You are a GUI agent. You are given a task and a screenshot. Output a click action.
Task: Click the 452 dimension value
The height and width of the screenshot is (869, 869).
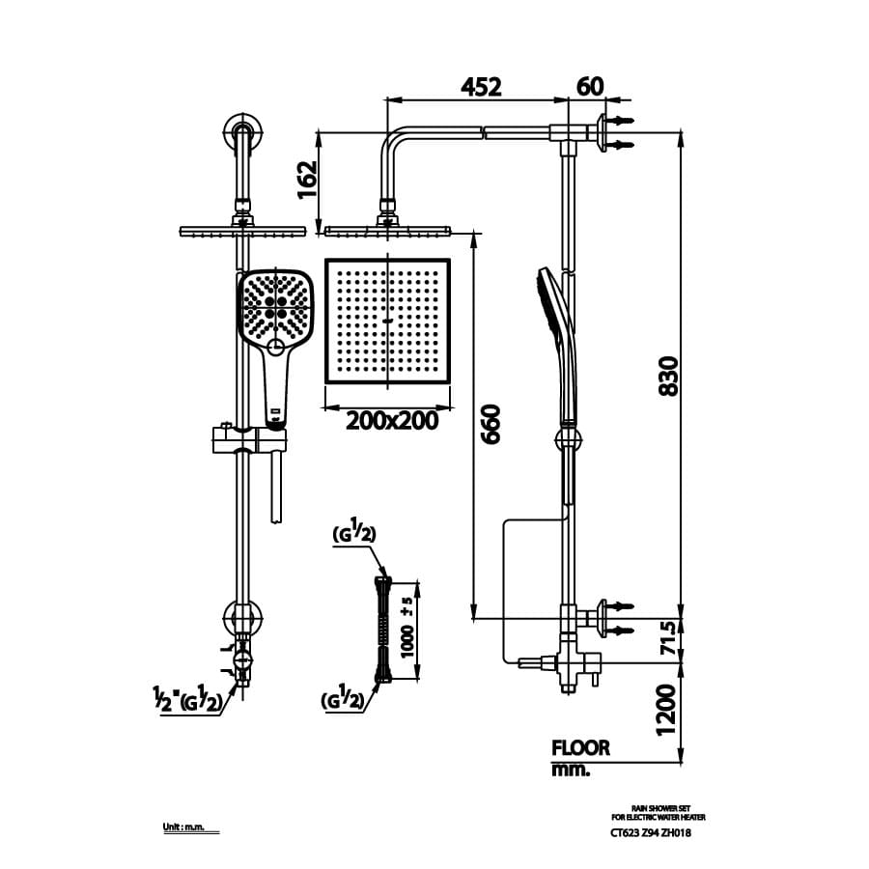481,86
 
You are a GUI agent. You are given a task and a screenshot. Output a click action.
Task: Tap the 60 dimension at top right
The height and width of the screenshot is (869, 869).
590,86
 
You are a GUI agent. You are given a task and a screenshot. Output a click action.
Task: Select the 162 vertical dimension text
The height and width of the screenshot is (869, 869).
307,180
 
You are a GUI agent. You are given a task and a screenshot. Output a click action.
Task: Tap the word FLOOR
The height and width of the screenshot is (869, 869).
580,747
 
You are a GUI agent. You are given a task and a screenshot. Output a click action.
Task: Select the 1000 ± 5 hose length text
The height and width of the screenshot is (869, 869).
409,628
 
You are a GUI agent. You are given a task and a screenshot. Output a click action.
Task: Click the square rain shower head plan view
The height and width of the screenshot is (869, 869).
387,321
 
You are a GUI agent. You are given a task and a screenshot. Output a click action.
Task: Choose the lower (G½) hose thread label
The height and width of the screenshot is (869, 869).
344,702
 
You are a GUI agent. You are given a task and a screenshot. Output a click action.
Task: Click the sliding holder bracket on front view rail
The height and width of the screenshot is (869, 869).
248,440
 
